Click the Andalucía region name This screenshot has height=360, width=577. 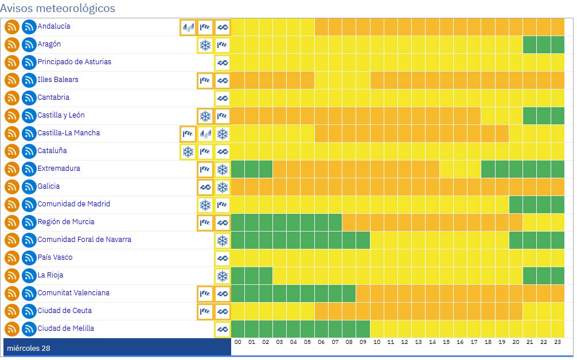[x=54, y=26]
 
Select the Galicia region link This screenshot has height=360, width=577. [x=49, y=186]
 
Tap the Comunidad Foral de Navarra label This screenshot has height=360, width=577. [x=84, y=240]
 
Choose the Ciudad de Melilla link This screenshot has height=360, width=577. [x=66, y=328]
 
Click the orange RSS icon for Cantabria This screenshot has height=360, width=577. [x=12, y=98]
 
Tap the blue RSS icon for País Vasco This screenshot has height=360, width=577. [x=29, y=258]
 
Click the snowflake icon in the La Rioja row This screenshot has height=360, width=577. [x=223, y=276]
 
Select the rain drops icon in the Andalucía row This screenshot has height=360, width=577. [x=188, y=27]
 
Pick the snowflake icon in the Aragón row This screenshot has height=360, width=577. [x=205, y=45]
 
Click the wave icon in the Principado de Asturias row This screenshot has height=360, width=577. [x=223, y=62]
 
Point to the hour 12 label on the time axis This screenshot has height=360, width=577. [x=405, y=342]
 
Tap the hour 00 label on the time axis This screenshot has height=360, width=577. [x=238, y=342]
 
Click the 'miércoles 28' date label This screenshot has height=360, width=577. [x=29, y=348]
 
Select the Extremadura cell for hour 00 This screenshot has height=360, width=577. [x=238, y=169]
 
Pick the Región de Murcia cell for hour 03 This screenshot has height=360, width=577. [x=280, y=222]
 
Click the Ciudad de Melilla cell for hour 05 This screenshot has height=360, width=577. [x=307, y=329]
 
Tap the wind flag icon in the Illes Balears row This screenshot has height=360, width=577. [x=205, y=80]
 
